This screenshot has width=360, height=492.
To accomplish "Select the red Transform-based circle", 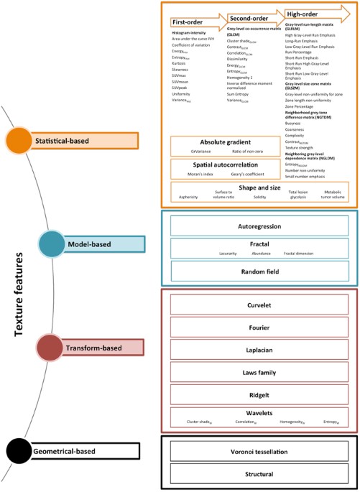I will point(53,348).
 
